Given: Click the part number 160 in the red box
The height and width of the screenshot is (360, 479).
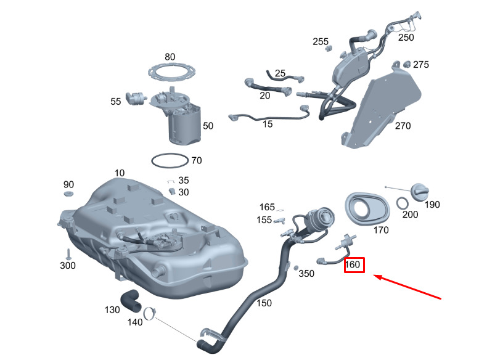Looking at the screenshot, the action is (353, 265).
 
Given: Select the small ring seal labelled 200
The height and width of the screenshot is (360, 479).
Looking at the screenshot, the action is (401, 203).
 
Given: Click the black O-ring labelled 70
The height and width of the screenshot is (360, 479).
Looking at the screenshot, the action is (169, 160).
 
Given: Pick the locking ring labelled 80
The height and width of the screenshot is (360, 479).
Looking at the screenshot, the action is (170, 72).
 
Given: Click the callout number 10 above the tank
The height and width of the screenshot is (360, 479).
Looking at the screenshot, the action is (119, 173).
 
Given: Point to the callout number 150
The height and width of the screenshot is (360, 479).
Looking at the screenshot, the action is (263, 303).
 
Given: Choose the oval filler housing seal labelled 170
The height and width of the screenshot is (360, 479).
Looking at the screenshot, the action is (366, 208).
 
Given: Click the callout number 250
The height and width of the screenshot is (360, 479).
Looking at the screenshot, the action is (406, 37).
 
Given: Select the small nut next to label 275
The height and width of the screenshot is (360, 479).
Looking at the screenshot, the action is (406, 63).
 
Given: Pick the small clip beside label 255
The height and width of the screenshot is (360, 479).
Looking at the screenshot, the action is (329, 49).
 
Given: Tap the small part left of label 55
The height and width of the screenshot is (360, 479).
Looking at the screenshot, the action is (134, 98).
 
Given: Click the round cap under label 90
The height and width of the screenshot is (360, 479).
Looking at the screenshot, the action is (68, 195).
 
